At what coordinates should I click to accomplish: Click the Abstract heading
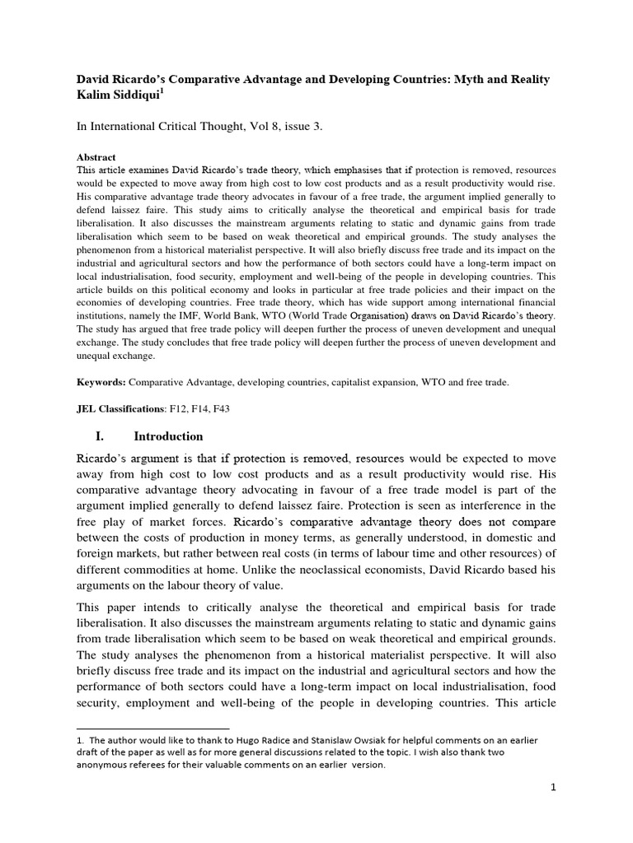coord(96,156)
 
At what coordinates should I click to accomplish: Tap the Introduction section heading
coord(163,435)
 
